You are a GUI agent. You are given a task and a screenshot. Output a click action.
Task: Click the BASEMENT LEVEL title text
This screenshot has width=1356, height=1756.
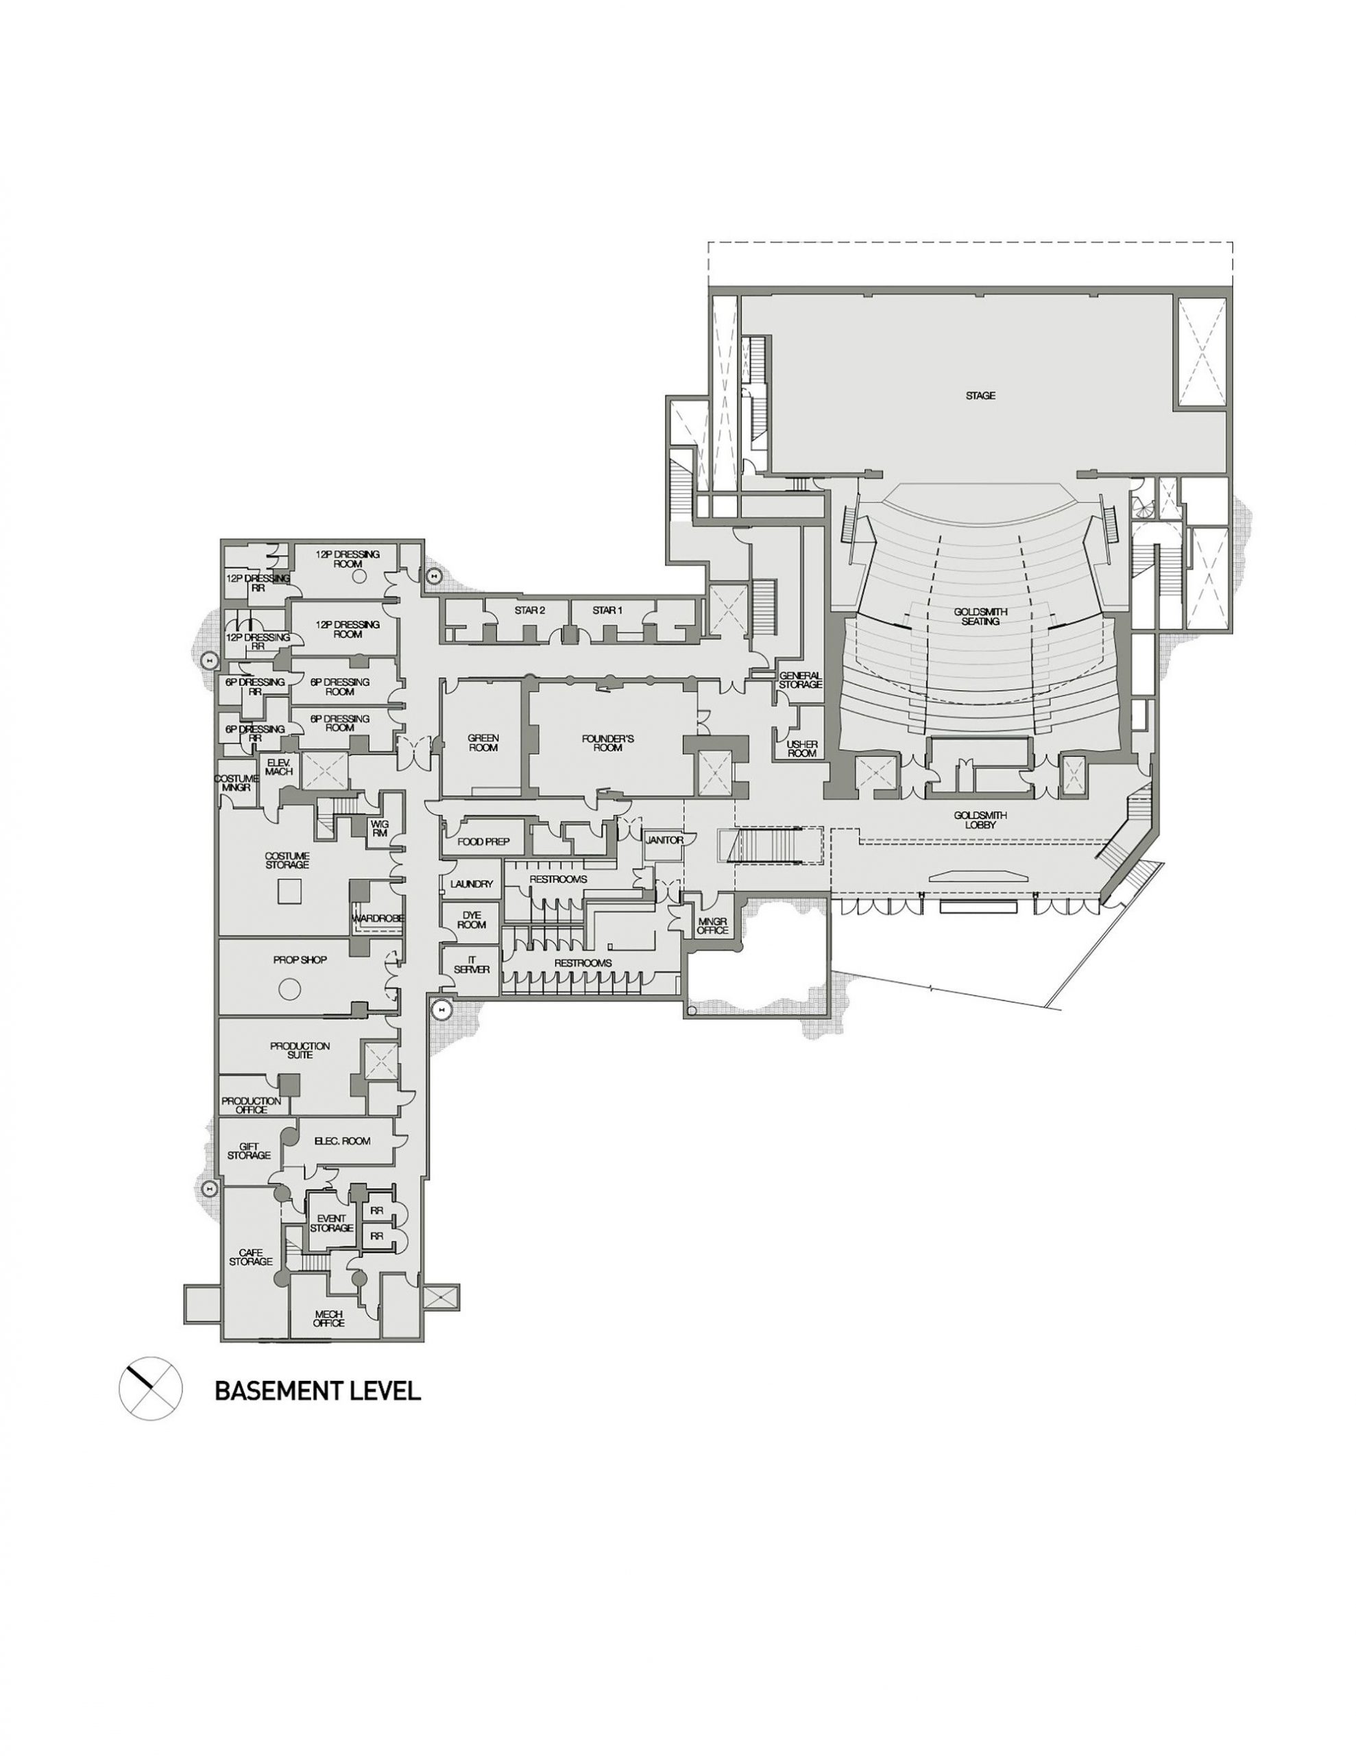[x=317, y=1391]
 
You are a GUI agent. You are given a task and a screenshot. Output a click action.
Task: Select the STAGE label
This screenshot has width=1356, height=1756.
[x=980, y=396]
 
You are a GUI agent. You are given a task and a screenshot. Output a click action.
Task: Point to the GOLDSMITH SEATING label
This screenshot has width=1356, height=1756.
[x=977, y=616]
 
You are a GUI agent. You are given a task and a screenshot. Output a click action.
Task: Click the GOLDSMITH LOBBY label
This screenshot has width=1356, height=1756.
[x=980, y=819]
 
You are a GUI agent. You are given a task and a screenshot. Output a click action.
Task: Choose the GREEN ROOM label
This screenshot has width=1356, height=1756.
[x=483, y=742]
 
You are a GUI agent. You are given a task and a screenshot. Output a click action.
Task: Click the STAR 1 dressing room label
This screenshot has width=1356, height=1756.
[x=607, y=610]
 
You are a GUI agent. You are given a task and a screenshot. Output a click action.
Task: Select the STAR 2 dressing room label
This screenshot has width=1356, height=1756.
[x=530, y=610]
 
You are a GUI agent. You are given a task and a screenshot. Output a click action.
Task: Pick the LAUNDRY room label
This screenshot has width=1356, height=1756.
[x=472, y=883]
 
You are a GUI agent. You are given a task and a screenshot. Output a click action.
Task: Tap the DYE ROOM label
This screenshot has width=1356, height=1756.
[x=472, y=920]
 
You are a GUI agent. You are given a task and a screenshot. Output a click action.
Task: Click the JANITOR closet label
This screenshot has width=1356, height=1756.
[x=664, y=840]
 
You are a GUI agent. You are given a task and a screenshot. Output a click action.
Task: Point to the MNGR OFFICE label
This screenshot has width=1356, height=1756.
[x=712, y=925]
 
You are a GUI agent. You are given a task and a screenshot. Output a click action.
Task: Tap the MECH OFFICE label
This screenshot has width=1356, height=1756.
[x=329, y=1318]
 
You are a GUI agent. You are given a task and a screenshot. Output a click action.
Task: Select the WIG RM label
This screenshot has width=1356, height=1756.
[x=378, y=829]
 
